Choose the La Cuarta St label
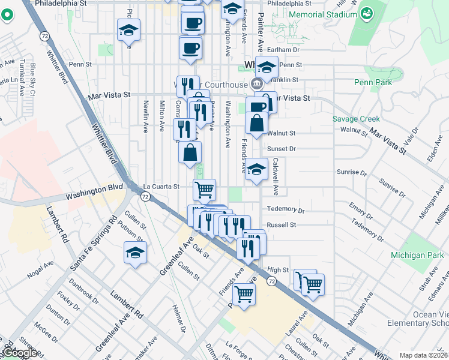[160, 187]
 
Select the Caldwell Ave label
[276, 176]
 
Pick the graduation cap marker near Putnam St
[135, 253]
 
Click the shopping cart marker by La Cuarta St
[204, 190]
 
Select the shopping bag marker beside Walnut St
[256, 124]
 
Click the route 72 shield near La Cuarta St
[145, 197]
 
